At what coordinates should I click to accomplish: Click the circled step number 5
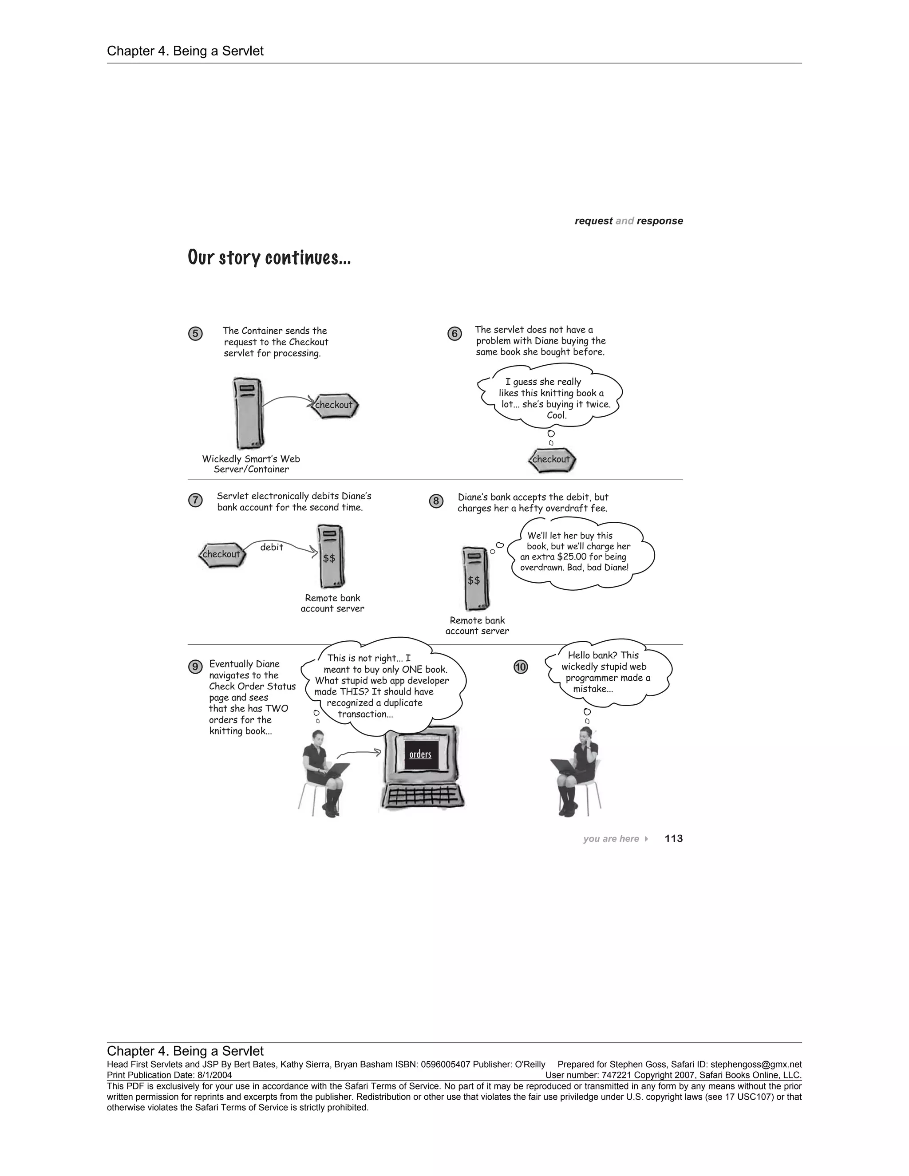(195, 334)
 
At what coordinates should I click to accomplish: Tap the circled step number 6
(454, 334)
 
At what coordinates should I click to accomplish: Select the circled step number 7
(195, 500)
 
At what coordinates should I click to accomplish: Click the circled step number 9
(195, 667)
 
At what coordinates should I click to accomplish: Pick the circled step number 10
(521, 667)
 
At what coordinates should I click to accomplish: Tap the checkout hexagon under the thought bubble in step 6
(551, 460)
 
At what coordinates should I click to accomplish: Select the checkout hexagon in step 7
(222, 555)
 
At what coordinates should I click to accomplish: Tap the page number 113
(673, 838)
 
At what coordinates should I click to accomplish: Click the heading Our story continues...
(269, 258)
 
